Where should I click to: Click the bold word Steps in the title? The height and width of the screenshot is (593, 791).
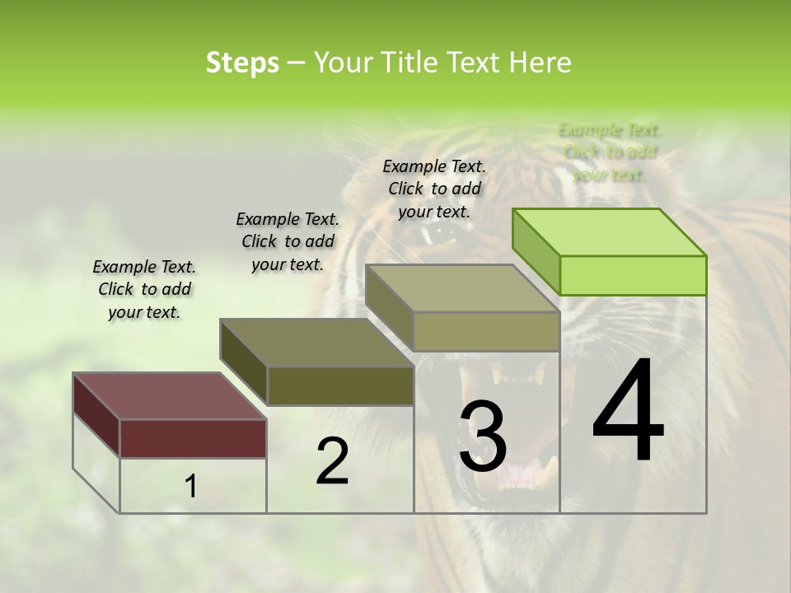coord(242,63)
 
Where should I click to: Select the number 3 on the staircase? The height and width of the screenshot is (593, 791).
coord(483,437)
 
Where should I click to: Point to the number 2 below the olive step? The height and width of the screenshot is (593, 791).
coord(332,462)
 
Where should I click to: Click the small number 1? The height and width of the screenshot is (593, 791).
coord(190,487)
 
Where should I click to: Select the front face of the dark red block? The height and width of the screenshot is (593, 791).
coord(193,438)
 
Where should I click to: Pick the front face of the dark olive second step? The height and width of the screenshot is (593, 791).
coord(340,385)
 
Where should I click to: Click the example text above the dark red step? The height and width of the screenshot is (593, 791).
coord(144,289)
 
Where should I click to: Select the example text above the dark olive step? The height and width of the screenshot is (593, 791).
coord(288,241)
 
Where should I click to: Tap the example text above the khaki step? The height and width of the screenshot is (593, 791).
coord(434,189)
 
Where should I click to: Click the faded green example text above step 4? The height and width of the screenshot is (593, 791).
coord(610,152)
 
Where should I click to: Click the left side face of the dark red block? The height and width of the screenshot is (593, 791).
coord(96,415)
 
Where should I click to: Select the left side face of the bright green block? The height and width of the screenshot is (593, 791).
coord(536,251)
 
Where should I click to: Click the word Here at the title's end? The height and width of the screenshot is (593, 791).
coord(541,63)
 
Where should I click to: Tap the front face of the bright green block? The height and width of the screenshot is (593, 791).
coord(633,275)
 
